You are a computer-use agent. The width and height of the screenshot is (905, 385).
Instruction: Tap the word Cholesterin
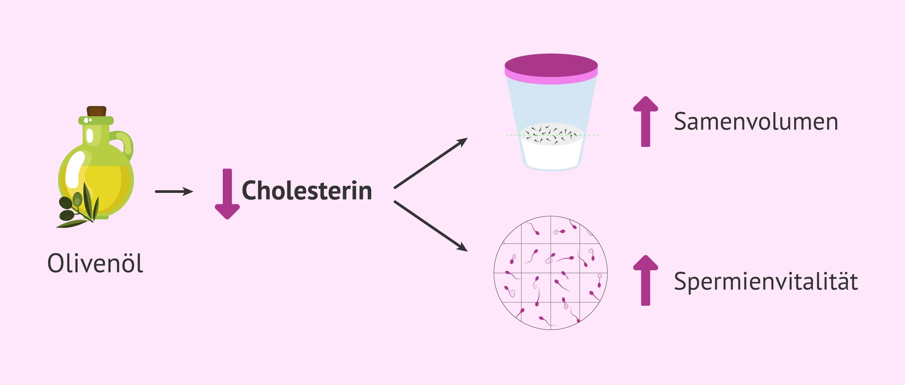(307, 190)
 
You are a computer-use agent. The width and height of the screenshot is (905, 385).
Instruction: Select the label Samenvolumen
(756, 122)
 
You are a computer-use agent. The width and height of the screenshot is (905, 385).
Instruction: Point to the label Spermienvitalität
(765, 281)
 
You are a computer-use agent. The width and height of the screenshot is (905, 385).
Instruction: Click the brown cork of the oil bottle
(97, 111)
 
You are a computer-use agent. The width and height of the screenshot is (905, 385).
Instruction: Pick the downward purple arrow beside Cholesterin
(227, 194)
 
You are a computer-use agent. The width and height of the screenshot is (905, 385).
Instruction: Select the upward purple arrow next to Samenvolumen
(646, 122)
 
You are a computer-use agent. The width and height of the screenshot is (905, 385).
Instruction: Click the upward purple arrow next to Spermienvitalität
(646, 280)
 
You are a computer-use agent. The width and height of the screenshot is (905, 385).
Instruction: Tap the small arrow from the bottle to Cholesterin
(174, 191)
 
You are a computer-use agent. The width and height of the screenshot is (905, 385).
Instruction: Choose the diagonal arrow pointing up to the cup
(431, 163)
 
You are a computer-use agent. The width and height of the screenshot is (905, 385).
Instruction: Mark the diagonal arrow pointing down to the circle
(431, 226)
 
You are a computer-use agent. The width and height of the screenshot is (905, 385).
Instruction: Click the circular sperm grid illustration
(551, 273)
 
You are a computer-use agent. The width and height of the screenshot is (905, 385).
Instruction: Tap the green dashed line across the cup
(552, 135)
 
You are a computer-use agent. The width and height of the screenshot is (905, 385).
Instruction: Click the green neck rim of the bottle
(96, 120)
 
